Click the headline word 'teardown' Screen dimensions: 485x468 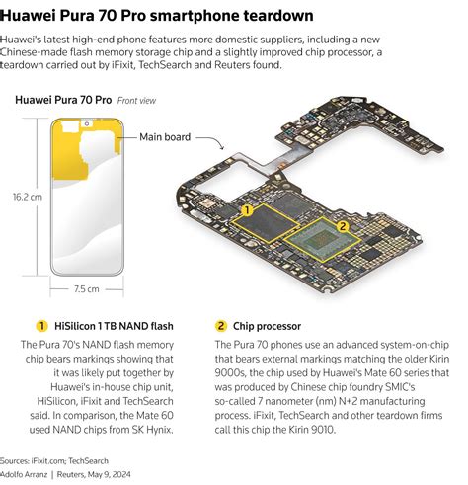pos(278,16)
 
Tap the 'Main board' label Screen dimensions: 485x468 pos(165,137)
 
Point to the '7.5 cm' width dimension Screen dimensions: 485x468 pos(88,289)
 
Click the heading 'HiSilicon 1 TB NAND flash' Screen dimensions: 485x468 pos(117,325)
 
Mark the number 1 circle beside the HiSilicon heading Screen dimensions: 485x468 pos(41,325)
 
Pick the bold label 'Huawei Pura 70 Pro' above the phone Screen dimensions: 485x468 pos(62,101)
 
